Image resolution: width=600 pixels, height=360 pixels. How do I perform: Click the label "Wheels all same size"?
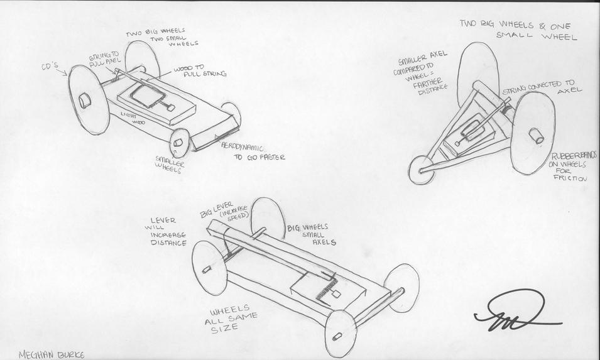point(234,319)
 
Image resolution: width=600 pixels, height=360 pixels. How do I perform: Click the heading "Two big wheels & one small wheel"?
point(516,30)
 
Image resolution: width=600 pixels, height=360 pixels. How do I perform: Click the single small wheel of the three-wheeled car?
point(420,170)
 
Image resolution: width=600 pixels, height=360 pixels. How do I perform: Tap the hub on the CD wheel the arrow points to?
point(85,101)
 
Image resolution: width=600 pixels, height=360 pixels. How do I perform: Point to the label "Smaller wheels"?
point(170,165)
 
